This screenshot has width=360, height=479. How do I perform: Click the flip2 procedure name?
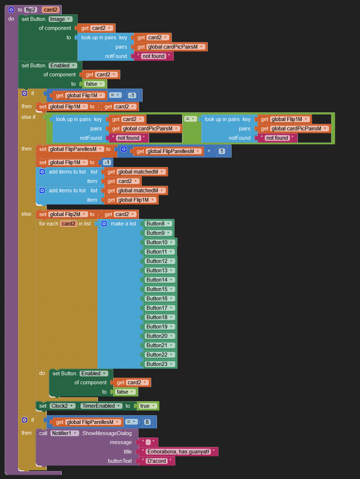click(31, 10)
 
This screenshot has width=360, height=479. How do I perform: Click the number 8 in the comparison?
click(147, 422)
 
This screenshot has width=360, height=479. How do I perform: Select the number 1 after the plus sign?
click(222, 151)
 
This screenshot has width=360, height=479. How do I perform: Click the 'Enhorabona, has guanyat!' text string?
click(178, 452)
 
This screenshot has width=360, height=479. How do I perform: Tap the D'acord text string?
click(157, 461)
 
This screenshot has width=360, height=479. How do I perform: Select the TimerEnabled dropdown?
click(101, 406)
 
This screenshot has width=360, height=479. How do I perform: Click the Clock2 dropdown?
click(62, 406)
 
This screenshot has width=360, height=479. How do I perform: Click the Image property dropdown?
click(60, 19)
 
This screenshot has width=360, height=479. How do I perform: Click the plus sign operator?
click(209, 151)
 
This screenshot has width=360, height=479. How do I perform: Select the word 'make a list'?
click(123, 224)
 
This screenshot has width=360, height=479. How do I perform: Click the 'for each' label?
click(49, 224)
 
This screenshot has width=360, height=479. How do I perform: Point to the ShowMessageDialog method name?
click(107, 433)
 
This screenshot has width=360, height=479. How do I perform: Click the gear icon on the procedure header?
click(11, 10)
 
